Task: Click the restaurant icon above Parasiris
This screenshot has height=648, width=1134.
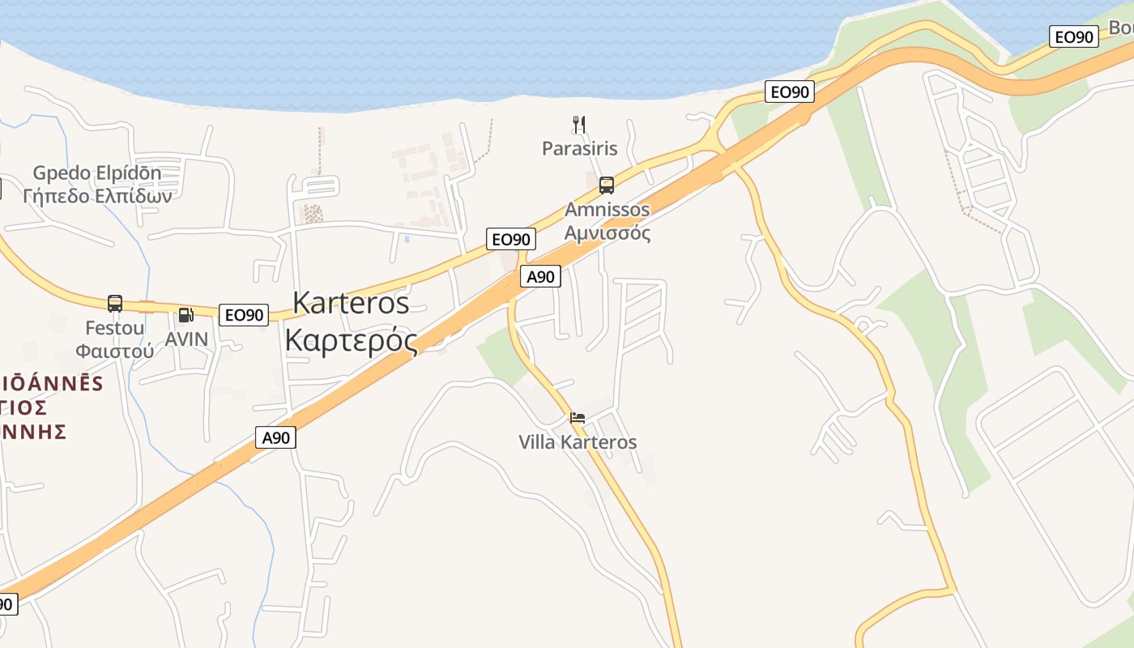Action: click(x=579, y=124)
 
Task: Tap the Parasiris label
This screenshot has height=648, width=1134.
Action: click(x=580, y=148)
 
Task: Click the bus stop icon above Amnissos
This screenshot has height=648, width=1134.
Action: click(x=607, y=185)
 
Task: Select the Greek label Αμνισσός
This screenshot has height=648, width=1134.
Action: click(x=607, y=233)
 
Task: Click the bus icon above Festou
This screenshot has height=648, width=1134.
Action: click(x=115, y=304)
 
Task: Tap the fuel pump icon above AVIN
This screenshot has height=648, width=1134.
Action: click(x=186, y=316)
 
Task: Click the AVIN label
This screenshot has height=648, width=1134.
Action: click(x=186, y=339)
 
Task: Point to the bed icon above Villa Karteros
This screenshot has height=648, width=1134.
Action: click(x=578, y=418)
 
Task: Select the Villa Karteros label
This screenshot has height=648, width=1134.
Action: click(x=578, y=442)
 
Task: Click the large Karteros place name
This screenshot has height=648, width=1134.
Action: click(x=351, y=302)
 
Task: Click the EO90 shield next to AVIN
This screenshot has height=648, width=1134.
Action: click(x=244, y=315)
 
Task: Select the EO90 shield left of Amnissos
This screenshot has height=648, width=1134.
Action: click(x=511, y=239)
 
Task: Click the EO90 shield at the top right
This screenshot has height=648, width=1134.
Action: click(x=1074, y=36)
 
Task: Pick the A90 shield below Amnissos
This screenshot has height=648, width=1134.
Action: click(x=540, y=276)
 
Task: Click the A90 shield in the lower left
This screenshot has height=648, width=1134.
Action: click(x=276, y=437)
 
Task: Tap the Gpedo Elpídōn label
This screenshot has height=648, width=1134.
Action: click(x=97, y=173)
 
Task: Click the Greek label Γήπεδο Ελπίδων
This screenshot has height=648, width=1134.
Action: click(x=97, y=195)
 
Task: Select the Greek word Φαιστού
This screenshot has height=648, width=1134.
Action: click(x=115, y=351)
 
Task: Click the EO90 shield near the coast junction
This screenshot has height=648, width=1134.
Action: click(x=790, y=92)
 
